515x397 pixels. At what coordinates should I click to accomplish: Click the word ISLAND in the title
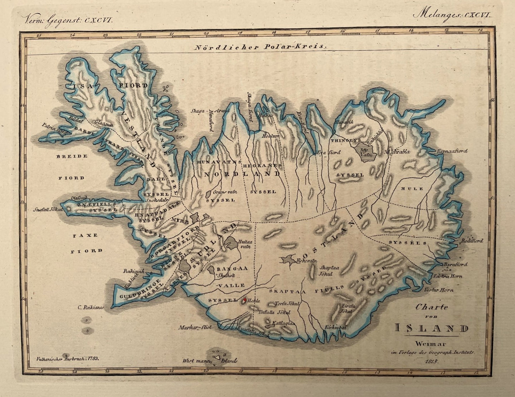click(432, 328)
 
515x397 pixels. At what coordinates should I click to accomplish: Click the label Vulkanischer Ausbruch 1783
click(68, 358)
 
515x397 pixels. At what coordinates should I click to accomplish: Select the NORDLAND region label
click(242, 174)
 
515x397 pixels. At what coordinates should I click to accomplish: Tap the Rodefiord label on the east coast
click(471, 241)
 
